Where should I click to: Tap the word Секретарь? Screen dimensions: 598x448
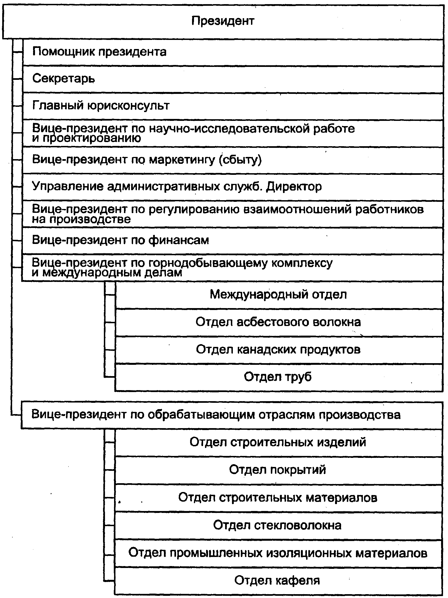(64, 79)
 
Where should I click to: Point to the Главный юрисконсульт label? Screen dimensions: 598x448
(101, 106)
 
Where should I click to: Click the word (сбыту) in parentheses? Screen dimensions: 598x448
(240, 160)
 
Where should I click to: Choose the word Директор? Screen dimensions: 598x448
(294, 187)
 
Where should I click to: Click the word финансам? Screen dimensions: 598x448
(179, 240)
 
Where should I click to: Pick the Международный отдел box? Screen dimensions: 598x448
(279, 295)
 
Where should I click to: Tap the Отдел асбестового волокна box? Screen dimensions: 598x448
(279, 322)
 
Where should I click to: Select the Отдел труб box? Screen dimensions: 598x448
(279, 377)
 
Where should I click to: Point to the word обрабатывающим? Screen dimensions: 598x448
(201, 415)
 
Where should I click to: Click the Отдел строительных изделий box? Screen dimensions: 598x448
(279, 442)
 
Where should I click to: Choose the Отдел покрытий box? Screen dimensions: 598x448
(279, 470)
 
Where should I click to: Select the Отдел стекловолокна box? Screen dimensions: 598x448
(279, 525)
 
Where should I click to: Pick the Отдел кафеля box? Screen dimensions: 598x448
(279, 581)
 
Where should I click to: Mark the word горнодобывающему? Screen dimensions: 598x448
(208, 263)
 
